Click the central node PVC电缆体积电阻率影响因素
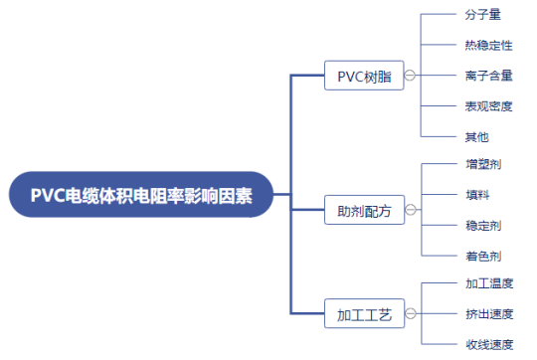[x=140, y=196]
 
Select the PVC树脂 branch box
[x=363, y=76]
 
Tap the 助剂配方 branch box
[x=363, y=211]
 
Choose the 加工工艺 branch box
[x=363, y=316]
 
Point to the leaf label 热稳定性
[x=488, y=45]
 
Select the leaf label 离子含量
[x=488, y=76]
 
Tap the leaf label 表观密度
[x=488, y=105]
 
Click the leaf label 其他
[x=476, y=136]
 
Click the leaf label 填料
[x=476, y=195]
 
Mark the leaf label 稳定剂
[x=482, y=226]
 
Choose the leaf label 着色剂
[x=482, y=256]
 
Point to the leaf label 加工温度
[x=488, y=283]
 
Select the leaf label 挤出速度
[x=488, y=314]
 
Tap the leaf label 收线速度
[x=488, y=344]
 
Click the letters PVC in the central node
[x=47, y=196]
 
